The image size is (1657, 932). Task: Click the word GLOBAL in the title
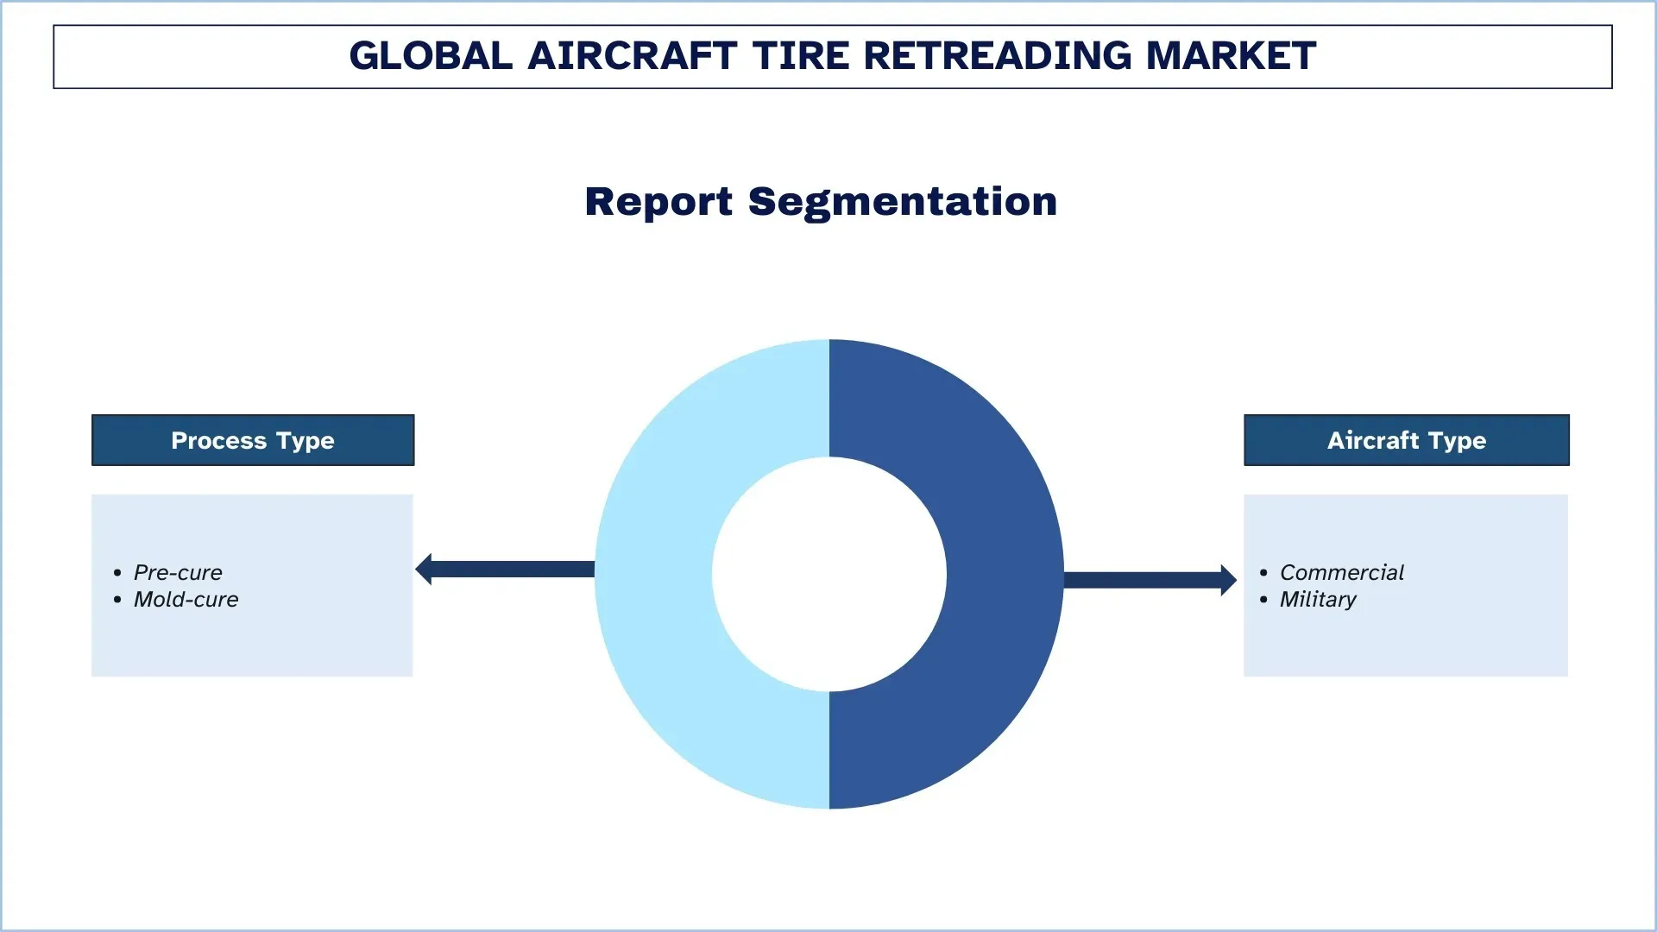click(431, 56)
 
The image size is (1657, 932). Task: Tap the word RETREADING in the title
click(997, 56)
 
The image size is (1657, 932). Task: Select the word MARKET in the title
click(1231, 56)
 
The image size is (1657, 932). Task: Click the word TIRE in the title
click(801, 56)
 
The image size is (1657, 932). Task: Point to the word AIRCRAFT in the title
click(632, 56)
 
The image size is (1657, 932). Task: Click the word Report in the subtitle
click(658, 202)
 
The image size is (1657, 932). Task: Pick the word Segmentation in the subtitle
click(903, 202)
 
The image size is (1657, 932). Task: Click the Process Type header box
click(253, 440)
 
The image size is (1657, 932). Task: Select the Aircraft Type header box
click(1407, 440)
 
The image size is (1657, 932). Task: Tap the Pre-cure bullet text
click(178, 572)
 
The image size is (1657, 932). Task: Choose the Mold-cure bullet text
click(186, 599)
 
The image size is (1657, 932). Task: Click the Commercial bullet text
click(1342, 572)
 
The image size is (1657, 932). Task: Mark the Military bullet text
click(1318, 600)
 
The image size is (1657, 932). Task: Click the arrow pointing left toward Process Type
click(505, 570)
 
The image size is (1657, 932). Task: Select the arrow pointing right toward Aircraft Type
click(1150, 580)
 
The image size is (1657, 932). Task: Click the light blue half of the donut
click(653, 574)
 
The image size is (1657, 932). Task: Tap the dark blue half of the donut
click(1005, 574)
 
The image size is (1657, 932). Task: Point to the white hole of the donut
click(829, 574)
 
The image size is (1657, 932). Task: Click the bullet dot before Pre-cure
click(117, 573)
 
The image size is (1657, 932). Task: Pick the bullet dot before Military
click(1263, 600)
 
